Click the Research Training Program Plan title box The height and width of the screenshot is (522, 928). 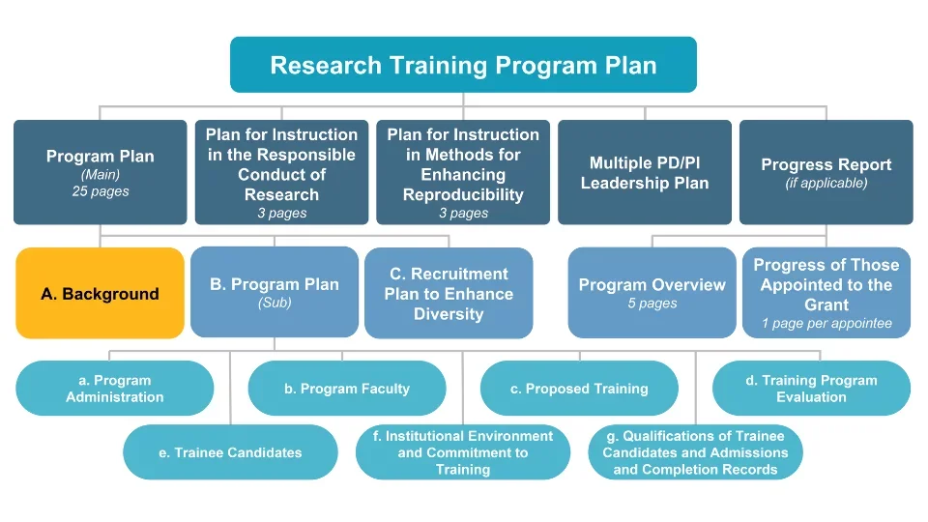tap(463, 65)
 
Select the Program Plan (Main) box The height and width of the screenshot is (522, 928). tap(100, 172)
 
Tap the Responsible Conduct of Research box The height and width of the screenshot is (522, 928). tap(281, 172)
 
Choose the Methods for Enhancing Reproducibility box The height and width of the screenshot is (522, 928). tap(463, 172)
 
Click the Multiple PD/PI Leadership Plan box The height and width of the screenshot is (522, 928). tap(645, 172)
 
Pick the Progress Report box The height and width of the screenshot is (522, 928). tap(826, 172)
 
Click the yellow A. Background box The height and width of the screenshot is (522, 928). tap(100, 293)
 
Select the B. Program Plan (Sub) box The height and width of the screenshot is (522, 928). tap(275, 292)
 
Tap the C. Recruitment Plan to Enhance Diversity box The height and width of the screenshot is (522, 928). tap(449, 293)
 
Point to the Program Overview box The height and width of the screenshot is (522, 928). tap(652, 293)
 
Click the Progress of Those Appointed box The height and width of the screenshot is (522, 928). tap(826, 292)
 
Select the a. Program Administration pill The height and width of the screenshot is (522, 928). tap(115, 389)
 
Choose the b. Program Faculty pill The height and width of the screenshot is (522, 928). tap(347, 389)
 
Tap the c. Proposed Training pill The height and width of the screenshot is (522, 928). tap(579, 389)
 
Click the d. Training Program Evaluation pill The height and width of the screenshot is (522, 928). tap(811, 389)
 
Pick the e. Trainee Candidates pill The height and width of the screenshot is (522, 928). tap(230, 452)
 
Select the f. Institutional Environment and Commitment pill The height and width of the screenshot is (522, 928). tap(462, 452)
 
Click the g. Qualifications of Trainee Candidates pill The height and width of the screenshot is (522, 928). tap(695, 452)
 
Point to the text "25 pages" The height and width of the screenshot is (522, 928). tap(101, 191)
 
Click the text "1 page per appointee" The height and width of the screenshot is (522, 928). tap(826, 323)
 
